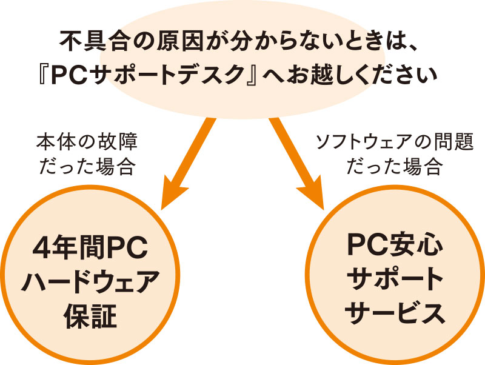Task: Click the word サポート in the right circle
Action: pos(395,280)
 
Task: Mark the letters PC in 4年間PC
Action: pos(127,250)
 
